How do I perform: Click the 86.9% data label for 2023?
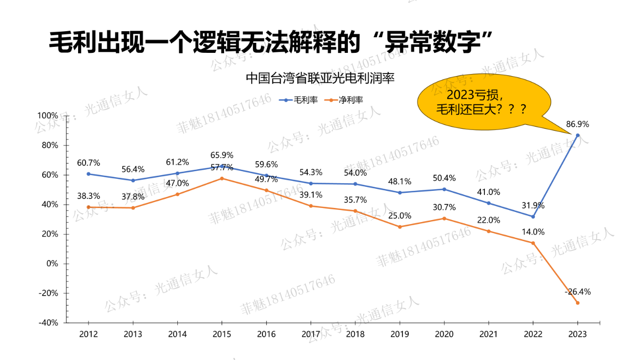[x=578, y=124]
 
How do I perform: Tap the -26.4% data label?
[x=578, y=292]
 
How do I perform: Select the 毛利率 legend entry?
[x=300, y=100]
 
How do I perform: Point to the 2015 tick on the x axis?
[x=222, y=334]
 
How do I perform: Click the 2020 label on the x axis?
[x=444, y=334]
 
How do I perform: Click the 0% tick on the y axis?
[x=52, y=263]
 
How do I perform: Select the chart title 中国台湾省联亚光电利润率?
[x=320, y=79]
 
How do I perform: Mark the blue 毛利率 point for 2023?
[x=578, y=135]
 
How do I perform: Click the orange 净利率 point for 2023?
[x=578, y=303]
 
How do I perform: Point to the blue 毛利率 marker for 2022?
[x=533, y=217]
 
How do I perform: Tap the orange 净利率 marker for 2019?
[x=400, y=227]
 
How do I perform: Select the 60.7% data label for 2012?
[x=89, y=163]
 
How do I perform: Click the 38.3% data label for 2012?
[x=89, y=196]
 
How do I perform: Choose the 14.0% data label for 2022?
[x=533, y=232]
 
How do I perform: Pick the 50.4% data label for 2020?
[x=444, y=178]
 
